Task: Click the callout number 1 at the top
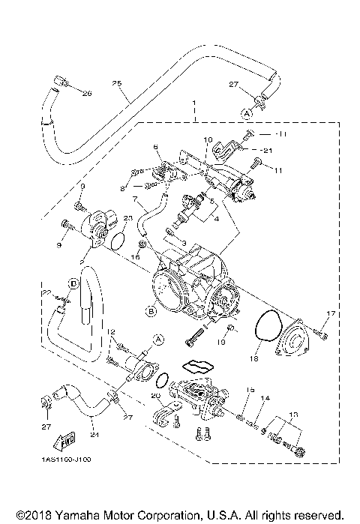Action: [x=193, y=101]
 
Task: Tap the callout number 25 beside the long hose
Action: [x=116, y=83]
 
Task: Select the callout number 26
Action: [x=85, y=94]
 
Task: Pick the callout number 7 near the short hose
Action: [x=135, y=201]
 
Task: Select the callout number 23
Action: [x=128, y=218]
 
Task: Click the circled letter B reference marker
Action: [x=151, y=309]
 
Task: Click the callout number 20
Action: [x=156, y=396]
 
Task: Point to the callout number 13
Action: [x=292, y=414]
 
